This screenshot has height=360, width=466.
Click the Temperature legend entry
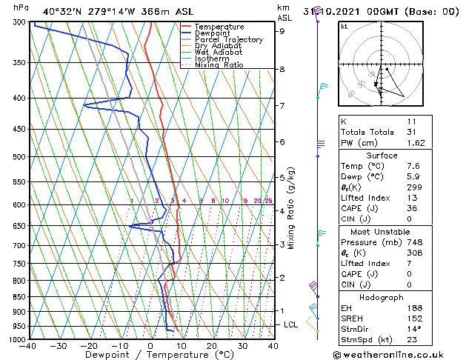coord(220,27)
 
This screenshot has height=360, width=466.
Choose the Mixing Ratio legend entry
coord(219,65)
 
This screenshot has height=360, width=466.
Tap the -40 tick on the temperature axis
coord(30,346)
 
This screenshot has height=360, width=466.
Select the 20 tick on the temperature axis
coord(211,346)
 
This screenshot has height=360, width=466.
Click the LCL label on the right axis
coord(291,324)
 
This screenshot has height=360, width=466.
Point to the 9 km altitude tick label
coord(282,31)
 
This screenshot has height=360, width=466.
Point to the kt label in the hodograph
coord(344,27)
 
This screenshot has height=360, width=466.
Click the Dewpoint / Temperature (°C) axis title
coord(150,355)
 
